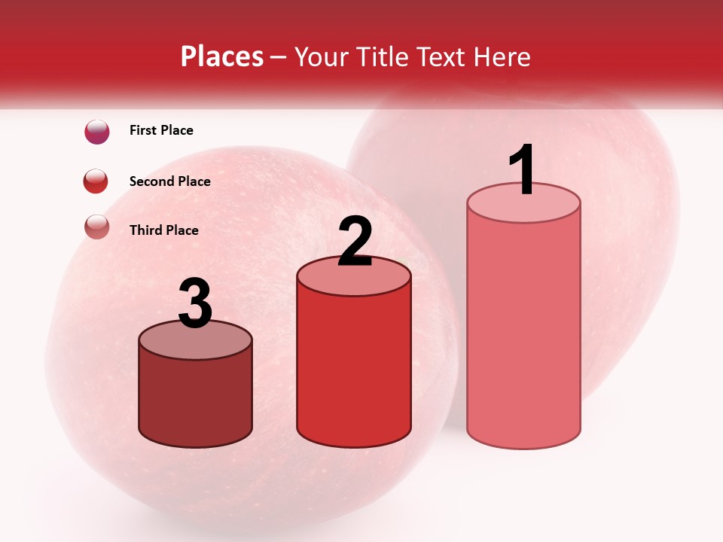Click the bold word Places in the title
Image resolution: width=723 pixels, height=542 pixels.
pyautogui.click(x=222, y=56)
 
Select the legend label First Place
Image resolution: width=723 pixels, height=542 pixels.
pyautogui.click(x=161, y=130)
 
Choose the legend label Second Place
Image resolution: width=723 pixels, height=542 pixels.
pyautogui.click(x=169, y=181)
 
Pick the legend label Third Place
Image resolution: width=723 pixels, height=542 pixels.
pyautogui.click(x=163, y=230)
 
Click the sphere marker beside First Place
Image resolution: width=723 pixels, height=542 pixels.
pyautogui.click(x=97, y=132)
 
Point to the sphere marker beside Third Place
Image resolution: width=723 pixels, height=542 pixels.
pyautogui.click(x=97, y=227)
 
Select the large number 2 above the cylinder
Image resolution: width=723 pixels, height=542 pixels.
pyautogui.click(x=355, y=242)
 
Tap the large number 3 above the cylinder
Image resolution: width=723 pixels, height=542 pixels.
pyautogui.click(x=196, y=303)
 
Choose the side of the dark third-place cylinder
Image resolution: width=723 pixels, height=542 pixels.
pyautogui.click(x=196, y=399)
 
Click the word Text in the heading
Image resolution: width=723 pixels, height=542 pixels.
pyautogui.click(x=444, y=56)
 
